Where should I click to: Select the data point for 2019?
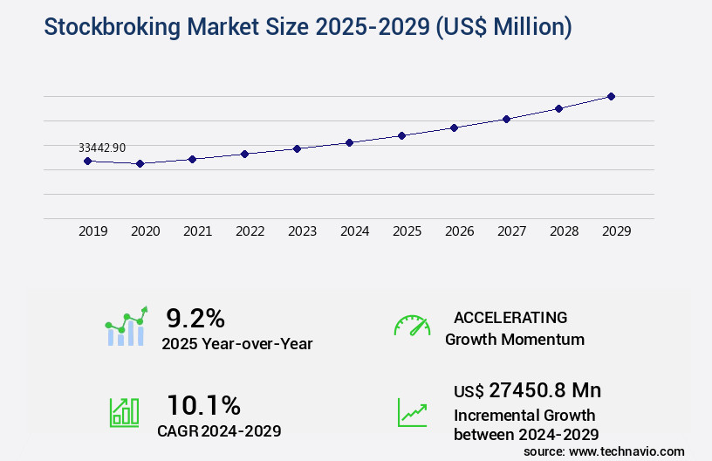point(87,161)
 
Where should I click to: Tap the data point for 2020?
point(140,163)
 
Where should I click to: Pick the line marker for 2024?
point(349,142)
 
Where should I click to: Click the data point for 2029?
point(611,96)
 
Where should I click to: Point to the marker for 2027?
point(506,119)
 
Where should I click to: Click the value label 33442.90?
point(101,148)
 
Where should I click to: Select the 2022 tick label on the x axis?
point(250,231)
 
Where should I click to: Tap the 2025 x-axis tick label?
point(407,231)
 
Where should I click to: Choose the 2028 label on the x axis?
point(565,231)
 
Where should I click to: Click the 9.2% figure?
point(195,317)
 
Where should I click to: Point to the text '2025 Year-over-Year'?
point(236,344)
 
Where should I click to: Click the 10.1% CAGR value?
point(203,405)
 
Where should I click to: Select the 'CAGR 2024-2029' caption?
point(219,430)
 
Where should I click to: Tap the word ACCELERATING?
point(510,317)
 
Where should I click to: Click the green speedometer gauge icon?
point(412,326)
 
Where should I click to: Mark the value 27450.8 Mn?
point(544,389)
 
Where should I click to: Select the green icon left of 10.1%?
point(124,412)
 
